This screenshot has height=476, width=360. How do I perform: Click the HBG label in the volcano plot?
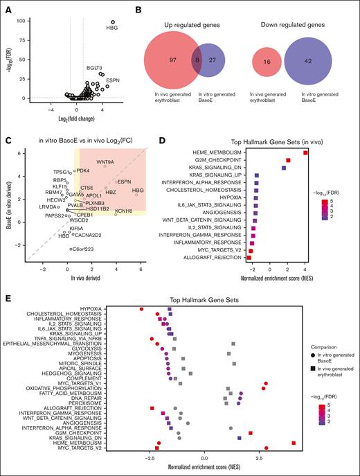111,28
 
